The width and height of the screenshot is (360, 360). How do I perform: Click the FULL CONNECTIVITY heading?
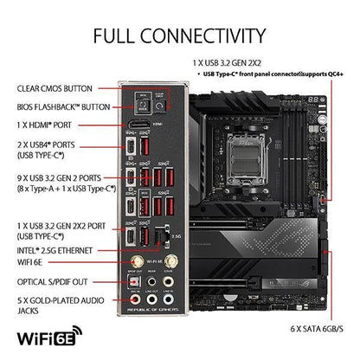point(179,35)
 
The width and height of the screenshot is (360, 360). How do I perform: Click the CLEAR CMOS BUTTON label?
point(55,87)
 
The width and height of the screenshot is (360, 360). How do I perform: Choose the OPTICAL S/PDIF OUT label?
point(53,281)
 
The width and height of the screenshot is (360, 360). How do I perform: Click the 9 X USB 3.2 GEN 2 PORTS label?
point(63,183)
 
